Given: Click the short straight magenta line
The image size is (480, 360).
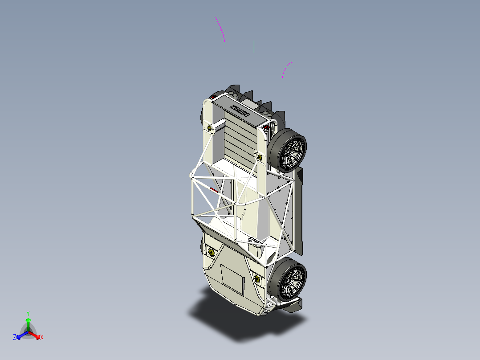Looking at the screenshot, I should [254, 47].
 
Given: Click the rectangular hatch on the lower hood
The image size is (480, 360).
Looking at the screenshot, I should [232, 279].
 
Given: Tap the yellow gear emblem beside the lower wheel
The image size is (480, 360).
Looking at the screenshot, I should [257, 279].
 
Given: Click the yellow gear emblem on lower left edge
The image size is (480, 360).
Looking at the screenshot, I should [211, 253].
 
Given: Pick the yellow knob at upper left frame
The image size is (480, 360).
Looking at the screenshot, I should [210, 128].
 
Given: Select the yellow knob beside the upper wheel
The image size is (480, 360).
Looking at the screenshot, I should [259, 157].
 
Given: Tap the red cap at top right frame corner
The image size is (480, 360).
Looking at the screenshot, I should [266, 127].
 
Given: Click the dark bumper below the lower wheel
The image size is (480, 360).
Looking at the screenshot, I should [292, 306].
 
